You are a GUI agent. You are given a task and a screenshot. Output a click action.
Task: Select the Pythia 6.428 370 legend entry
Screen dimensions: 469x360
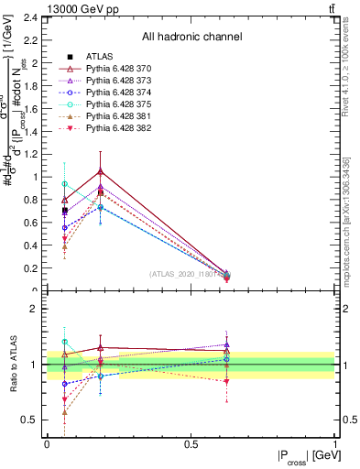point(115,69)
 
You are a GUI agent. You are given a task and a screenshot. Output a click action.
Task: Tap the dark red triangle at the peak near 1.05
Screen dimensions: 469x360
point(100,171)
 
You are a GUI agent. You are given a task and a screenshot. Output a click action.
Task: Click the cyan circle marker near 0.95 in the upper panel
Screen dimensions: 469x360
point(64,184)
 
